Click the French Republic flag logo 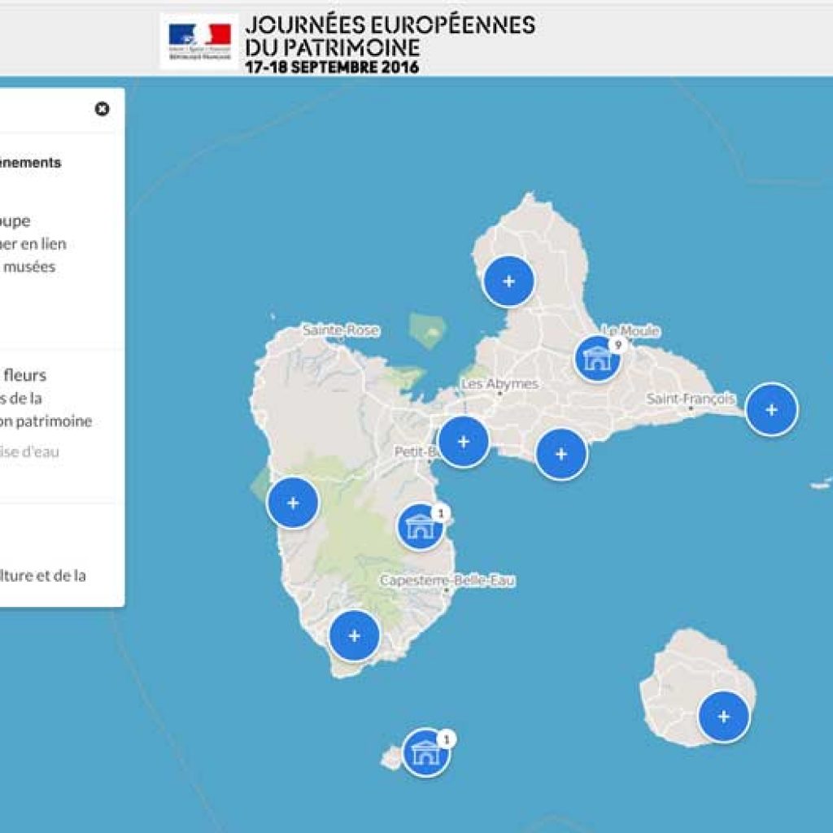coord(199,39)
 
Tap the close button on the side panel coord(102,109)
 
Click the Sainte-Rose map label coord(341,331)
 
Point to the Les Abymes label coord(499,384)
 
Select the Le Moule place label coord(630,331)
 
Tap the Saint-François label coord(691,399)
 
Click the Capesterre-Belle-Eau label coord(447,581)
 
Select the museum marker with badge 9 coord(597,359)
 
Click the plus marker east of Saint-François coord(771,409)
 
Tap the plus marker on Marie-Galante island coord(723,717)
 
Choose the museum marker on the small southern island coord(425,752)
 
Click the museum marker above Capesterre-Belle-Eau coord(420,526)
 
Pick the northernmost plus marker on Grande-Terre coord(508,281)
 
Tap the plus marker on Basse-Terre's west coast coord(293,503)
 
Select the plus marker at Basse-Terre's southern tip coord(354,635)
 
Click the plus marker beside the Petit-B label coord(463,442)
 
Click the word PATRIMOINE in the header coord(343,46)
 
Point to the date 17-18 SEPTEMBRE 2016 coord(332,68)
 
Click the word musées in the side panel coord(29,267)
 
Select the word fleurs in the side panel coord(24,376)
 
